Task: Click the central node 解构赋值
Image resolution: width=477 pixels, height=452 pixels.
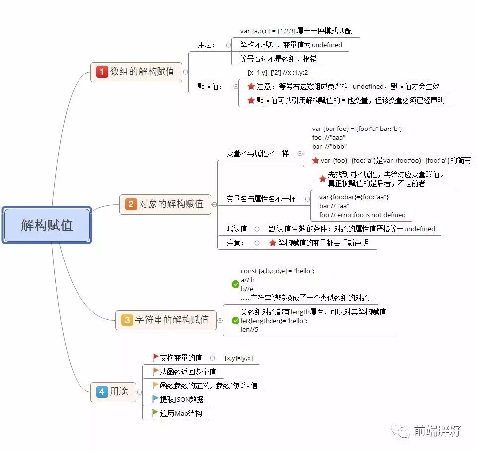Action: (x=47, y=225)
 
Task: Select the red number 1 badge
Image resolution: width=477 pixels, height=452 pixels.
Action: (x=102, y=72)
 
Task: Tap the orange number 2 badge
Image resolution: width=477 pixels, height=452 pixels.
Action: (x=131, y=204)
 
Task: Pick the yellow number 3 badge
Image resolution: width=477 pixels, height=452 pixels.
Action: (x=127, y=320)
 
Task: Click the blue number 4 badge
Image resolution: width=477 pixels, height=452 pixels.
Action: (x=102, y=392)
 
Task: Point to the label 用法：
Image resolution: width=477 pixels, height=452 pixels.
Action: (x=206, y=45)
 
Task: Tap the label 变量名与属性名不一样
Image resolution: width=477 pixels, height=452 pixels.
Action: (x=261, y=199)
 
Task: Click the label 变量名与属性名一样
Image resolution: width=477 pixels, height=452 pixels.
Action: (x=257, y=153)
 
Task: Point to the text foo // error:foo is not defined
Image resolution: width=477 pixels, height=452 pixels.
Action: (x=362, y=215)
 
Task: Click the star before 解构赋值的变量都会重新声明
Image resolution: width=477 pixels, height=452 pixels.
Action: (x=272, y=243)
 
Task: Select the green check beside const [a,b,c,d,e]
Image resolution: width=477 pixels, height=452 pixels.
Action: (x=236, y=284)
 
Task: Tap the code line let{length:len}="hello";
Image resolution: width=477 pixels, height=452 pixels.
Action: (x=274, y=321)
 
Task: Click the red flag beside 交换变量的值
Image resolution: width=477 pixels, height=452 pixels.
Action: (x=155, y=357)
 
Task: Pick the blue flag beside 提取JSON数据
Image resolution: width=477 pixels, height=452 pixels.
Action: (x=155, y=399)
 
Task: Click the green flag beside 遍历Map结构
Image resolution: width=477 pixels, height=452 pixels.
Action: (x=155, y=413)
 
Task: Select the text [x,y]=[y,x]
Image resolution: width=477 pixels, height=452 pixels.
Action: (x=239, y=358)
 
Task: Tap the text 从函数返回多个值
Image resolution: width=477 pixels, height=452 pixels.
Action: (x=188, y=372)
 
